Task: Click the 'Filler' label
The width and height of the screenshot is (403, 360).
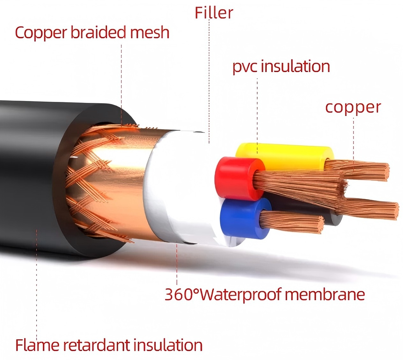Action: click(214, 13)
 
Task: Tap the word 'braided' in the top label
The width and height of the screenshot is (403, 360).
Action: click(98, 32)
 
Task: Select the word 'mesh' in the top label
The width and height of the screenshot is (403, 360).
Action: click(150, 32)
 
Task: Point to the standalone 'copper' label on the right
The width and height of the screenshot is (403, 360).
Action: click(353, 108)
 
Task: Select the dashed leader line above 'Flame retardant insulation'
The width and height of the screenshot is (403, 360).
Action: click(37, 283)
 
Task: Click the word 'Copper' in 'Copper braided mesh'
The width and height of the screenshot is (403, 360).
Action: click(41, 33)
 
